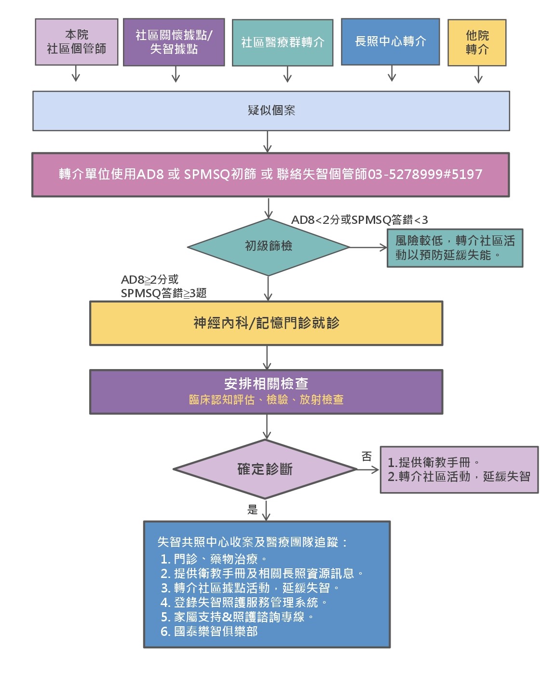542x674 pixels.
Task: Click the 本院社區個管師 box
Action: point(76,42)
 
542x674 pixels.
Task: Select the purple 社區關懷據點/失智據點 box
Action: point(174,42)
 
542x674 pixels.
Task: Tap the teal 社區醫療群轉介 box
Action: point(283,42)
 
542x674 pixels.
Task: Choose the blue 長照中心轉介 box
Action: point(390,41)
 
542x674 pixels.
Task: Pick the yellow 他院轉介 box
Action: point(477,42)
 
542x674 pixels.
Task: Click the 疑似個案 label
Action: point(271,110)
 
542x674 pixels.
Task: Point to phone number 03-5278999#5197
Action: point(425,174)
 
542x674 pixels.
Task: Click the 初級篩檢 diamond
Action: point(268,247)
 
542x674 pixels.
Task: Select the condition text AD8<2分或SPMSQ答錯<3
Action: point(359,220)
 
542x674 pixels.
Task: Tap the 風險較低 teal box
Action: point(455,248)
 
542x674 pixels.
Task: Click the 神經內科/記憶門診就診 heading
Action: point(266,323)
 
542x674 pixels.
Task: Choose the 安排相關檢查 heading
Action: point(266,384)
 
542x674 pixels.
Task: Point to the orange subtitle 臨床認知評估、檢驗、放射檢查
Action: point(266,399)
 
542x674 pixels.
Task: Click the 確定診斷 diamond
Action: point(265,469)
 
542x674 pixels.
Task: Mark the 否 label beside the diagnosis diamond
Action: point(366,456)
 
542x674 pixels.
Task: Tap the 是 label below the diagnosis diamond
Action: point(252,510)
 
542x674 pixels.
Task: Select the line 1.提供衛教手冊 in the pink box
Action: point(433,462)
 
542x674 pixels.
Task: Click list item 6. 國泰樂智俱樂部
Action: point(209,632)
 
